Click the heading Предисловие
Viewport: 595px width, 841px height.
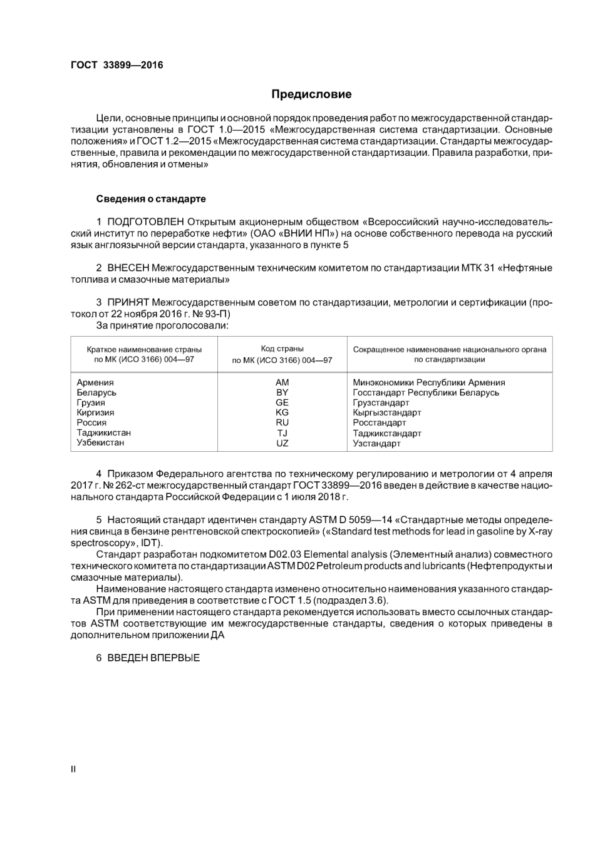point(311,94)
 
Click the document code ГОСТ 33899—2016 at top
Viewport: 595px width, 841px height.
point(116,65)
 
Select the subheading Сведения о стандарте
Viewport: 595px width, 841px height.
point(151,199)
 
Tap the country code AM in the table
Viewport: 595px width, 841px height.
point(282,382)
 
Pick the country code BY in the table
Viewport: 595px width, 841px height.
point(282,392)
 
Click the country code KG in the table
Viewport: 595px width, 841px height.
point(282,412)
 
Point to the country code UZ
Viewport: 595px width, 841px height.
point(282,443)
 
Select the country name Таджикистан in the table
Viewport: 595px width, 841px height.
point(103,432)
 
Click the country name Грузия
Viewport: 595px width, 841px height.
point(91,402)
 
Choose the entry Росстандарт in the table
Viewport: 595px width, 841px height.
point(379,422)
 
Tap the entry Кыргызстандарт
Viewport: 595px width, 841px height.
point(386,412)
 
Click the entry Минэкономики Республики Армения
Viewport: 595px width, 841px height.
point(428,382)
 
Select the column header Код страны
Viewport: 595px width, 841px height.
point(282,349)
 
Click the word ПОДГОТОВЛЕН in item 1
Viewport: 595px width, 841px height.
point(145,222)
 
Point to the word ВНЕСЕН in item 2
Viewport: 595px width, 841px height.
point(128,268)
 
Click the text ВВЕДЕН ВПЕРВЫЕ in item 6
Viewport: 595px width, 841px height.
point(153,658)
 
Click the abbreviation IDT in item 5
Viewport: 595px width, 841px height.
point(150,543)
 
